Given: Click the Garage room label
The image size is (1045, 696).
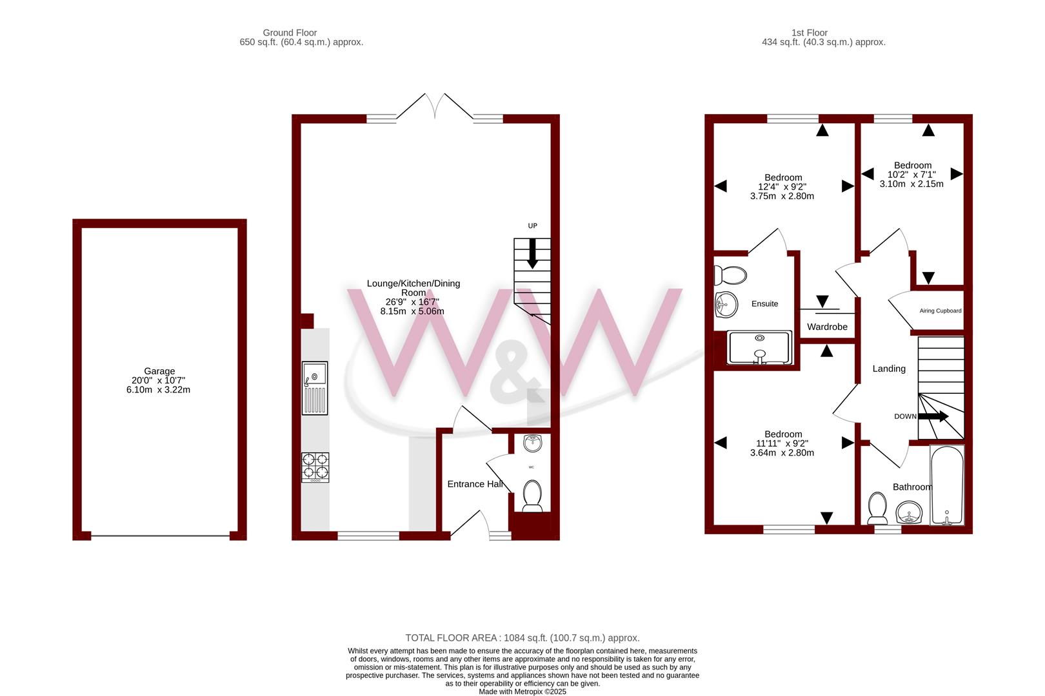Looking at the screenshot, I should pyautogui.click(x=159, y=371).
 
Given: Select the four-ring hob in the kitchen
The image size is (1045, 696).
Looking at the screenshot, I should pyautogui.click(x=315, y=467).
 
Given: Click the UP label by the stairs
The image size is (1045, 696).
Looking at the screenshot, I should pyautogui.click(x=532, y=226).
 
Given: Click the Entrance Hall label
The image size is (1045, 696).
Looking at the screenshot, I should pyautogui.click(x=475, y=484).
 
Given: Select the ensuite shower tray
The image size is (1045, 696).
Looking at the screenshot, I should pyautogui.click(x=759, y=347).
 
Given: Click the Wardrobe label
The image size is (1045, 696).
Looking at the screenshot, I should pyautogui.click(x=827, y=327).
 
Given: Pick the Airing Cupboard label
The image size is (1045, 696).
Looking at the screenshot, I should pyautogui.click(x=940, y=311).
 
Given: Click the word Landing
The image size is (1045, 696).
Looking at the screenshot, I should pyautogui.click(x=889, y=369).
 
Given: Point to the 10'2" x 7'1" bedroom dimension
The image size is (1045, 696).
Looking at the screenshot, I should pyautogui.click(x=911, y=175).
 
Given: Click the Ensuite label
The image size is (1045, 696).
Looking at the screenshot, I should pyautogui.click(x=764, y=304).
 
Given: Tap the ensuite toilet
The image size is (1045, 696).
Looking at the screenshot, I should pyautogui.click(x=730, y=275).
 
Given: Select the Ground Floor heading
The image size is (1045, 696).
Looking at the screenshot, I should pyautogui.click(x=290, y=32).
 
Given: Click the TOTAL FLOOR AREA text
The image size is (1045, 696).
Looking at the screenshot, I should pyautogui.click(x=522, y=638).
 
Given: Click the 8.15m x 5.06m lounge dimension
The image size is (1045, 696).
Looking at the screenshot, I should pyautogui.click(x=412, y=311).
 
